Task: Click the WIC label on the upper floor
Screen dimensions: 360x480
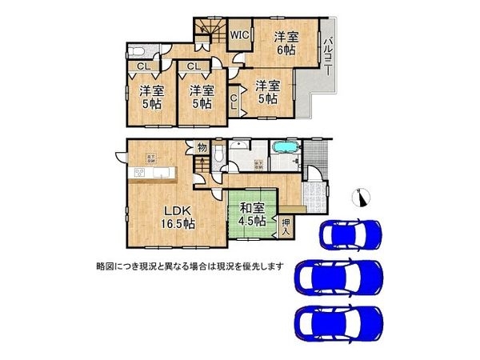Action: (239, 34)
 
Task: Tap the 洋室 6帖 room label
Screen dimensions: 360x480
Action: (287, 42)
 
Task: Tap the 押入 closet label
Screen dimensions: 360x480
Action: (286, 227)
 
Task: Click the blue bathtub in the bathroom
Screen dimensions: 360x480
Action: (285, 149)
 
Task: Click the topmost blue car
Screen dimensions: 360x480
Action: (350, 234)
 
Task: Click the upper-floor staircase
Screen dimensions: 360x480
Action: (210, 34)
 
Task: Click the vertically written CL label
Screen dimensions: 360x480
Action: (234, 102)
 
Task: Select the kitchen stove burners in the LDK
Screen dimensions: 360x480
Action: (137, 173)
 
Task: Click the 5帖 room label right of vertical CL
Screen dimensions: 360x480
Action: (267, 92)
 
